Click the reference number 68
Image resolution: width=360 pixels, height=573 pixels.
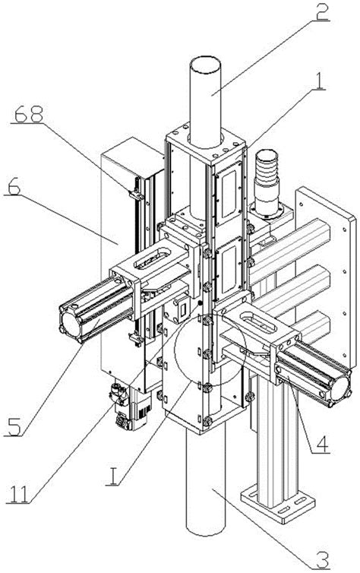pos(29,115)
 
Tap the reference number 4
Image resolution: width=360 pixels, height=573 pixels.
pos(321,443)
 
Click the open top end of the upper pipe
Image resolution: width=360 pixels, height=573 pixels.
pos(205,65)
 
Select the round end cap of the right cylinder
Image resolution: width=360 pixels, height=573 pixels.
pos(340,385)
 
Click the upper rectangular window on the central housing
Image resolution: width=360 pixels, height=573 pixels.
pos(228,194)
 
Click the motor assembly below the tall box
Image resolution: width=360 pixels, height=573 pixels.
pos(131,407)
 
